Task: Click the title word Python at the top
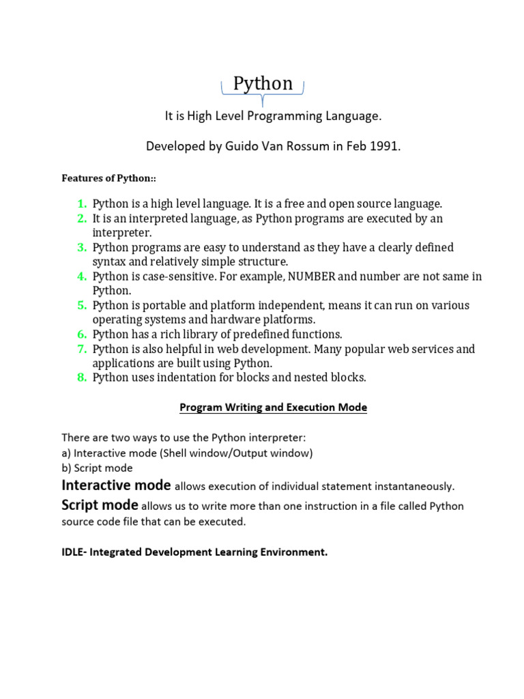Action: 263,83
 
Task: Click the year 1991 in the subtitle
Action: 385,147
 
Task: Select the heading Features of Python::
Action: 109,178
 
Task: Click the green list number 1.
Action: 81,203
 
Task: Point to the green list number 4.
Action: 81,276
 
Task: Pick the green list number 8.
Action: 81,377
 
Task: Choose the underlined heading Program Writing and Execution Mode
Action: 273,408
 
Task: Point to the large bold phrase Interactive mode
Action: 116,485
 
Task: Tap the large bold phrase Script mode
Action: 100,506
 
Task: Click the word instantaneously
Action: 411,487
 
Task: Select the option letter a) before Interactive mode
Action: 65,453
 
